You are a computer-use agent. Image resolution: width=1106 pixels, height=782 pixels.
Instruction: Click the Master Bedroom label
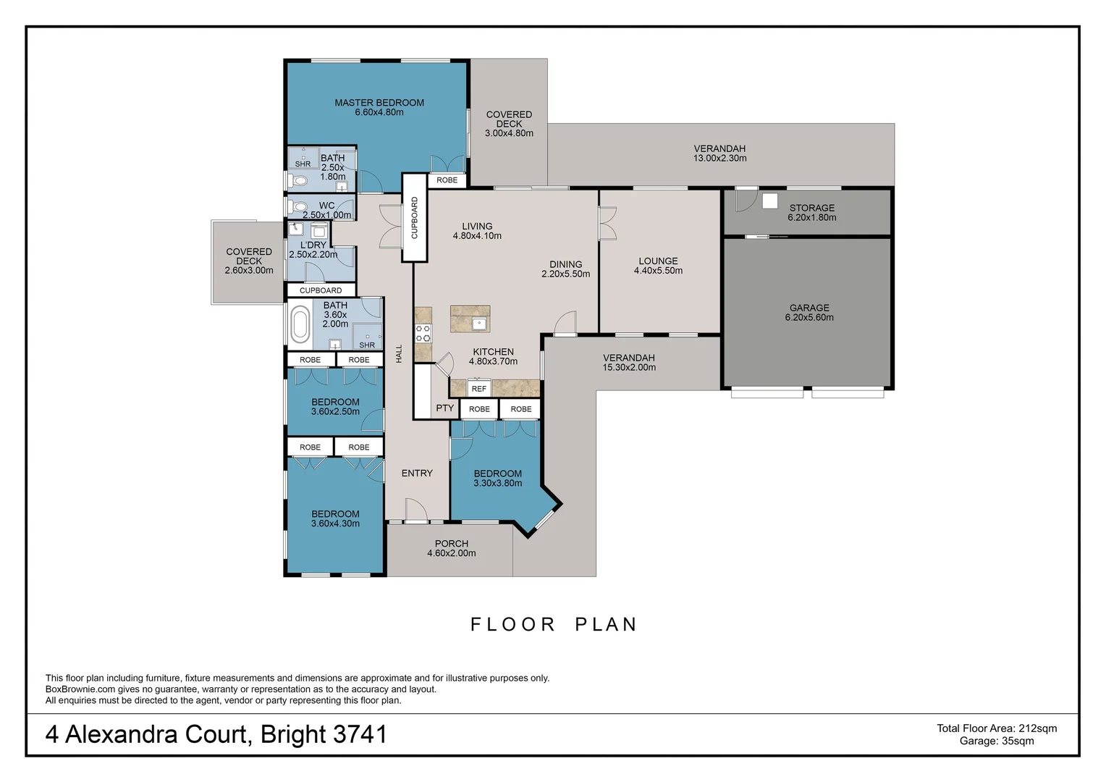[x=379, y=107]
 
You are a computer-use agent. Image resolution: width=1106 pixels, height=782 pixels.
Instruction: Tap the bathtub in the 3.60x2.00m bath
[x=300, y=324]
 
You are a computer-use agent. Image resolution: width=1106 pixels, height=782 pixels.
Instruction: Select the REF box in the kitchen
[x=478, y=388]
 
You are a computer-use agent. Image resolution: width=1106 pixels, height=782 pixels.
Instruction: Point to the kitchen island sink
[x=478, y=324]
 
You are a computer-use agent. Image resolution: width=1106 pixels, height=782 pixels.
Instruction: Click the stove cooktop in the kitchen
[x=423, y=333]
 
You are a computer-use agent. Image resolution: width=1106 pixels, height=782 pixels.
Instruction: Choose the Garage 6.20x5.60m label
[x=809, y=312]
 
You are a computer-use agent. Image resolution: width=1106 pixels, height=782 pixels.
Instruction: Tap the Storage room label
[x=811, y=212]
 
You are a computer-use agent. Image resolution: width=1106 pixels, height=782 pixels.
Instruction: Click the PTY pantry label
[x=444, y=408]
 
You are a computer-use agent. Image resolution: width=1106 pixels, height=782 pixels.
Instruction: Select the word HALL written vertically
[x=399, y=353]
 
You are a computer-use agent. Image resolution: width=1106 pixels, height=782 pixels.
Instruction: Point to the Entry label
[x=417, y=473]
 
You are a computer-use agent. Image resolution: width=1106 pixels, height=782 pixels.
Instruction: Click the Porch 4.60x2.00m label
[x=451, y=548]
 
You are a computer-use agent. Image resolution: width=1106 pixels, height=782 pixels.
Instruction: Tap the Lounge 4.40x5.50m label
[x=658, y=266]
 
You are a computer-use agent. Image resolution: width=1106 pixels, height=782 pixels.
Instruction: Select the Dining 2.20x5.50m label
[x=565, y=269]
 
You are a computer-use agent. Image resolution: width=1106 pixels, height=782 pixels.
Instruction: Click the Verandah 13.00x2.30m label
[x=719, y=153]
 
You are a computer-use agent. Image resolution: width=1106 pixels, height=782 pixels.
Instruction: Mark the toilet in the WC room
[x=298, y=207]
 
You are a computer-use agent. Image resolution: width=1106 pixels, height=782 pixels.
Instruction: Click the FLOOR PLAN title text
[x=554, y=624]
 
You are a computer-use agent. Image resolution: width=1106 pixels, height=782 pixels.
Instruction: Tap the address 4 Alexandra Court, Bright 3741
[x=216, y=734]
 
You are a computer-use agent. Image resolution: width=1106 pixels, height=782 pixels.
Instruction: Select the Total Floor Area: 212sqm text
[x=997, y=728]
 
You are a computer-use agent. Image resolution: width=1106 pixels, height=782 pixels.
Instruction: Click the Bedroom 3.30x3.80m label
[x=497, y=478]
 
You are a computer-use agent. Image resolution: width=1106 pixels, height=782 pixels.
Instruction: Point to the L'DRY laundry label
[x=313, y=249]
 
